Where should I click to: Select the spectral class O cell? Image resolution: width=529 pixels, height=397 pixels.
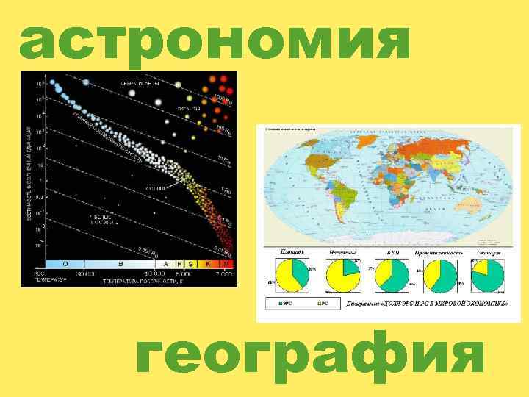pos(65,263)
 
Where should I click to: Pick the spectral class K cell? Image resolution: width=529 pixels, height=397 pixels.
pos(209,263)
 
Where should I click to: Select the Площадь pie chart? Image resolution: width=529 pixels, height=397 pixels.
pos(291,276)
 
